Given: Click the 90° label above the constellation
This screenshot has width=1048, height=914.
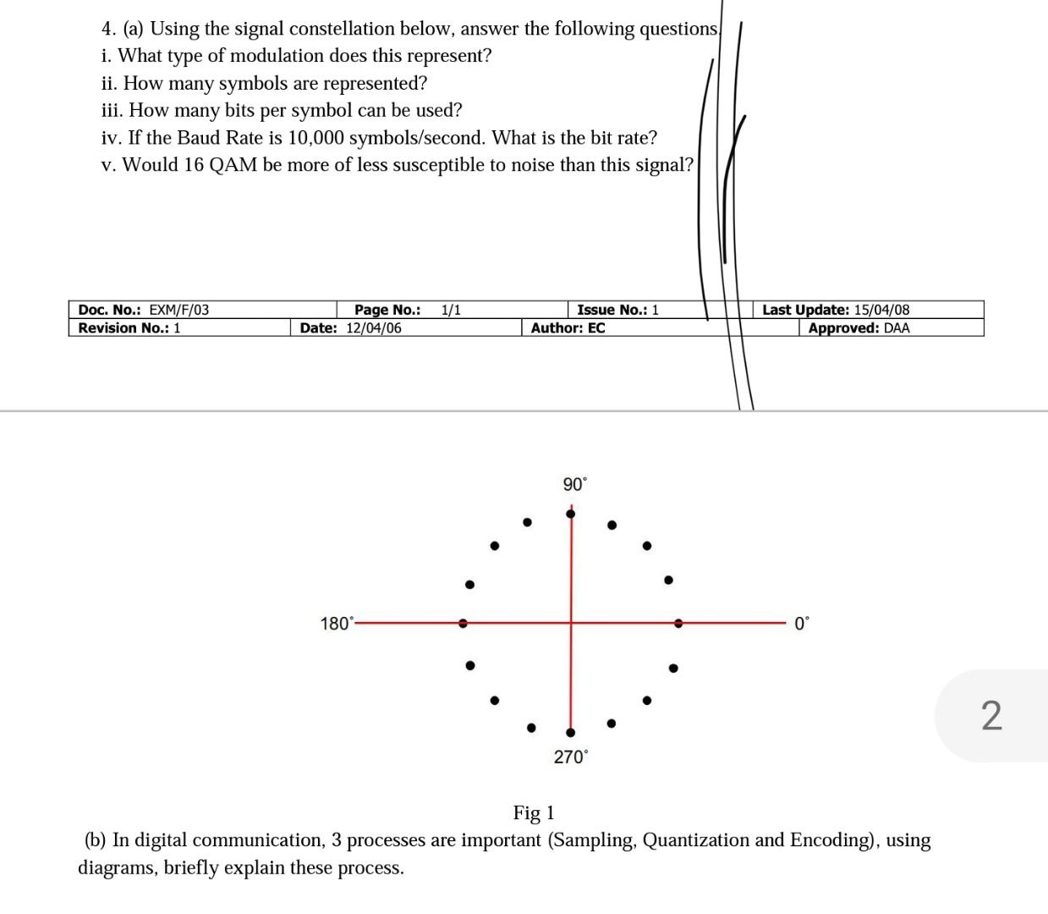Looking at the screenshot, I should click(x=574, y=484).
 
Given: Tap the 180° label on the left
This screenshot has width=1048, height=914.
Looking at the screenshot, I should click(x=337, y=624).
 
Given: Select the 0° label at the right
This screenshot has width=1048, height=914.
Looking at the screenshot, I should click(x=801, y=624).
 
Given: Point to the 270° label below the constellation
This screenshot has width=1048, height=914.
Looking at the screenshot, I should click(x=570, y=757).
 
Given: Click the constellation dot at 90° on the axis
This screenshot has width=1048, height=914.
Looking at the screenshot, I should click(x=571, y=514).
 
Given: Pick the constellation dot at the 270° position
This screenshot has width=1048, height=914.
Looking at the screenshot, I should click(x=570, y=732).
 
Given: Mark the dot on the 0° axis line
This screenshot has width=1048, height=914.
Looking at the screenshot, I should click(x=678, y=623).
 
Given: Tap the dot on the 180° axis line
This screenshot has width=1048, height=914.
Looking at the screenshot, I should click(x=463, y=623).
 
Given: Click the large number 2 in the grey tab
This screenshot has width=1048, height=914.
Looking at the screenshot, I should click(x=991, y=716).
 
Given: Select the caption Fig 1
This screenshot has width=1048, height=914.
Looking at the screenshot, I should click(x=534, y=813).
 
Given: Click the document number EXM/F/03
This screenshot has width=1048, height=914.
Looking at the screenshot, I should click(x=178, y=310).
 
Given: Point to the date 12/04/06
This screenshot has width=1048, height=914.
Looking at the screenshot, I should click(x=374, y=328).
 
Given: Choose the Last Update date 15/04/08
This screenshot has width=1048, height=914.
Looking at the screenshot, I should click(x=881, y=310).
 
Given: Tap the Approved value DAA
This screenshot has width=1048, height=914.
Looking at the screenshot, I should click(x=897, y=328).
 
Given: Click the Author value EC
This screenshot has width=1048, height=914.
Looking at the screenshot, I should click(x=595, y=328).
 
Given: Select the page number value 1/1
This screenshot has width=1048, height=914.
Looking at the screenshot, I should click(x=451, y=310).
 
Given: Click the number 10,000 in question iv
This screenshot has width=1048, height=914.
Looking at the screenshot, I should click(x=315, y=138).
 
